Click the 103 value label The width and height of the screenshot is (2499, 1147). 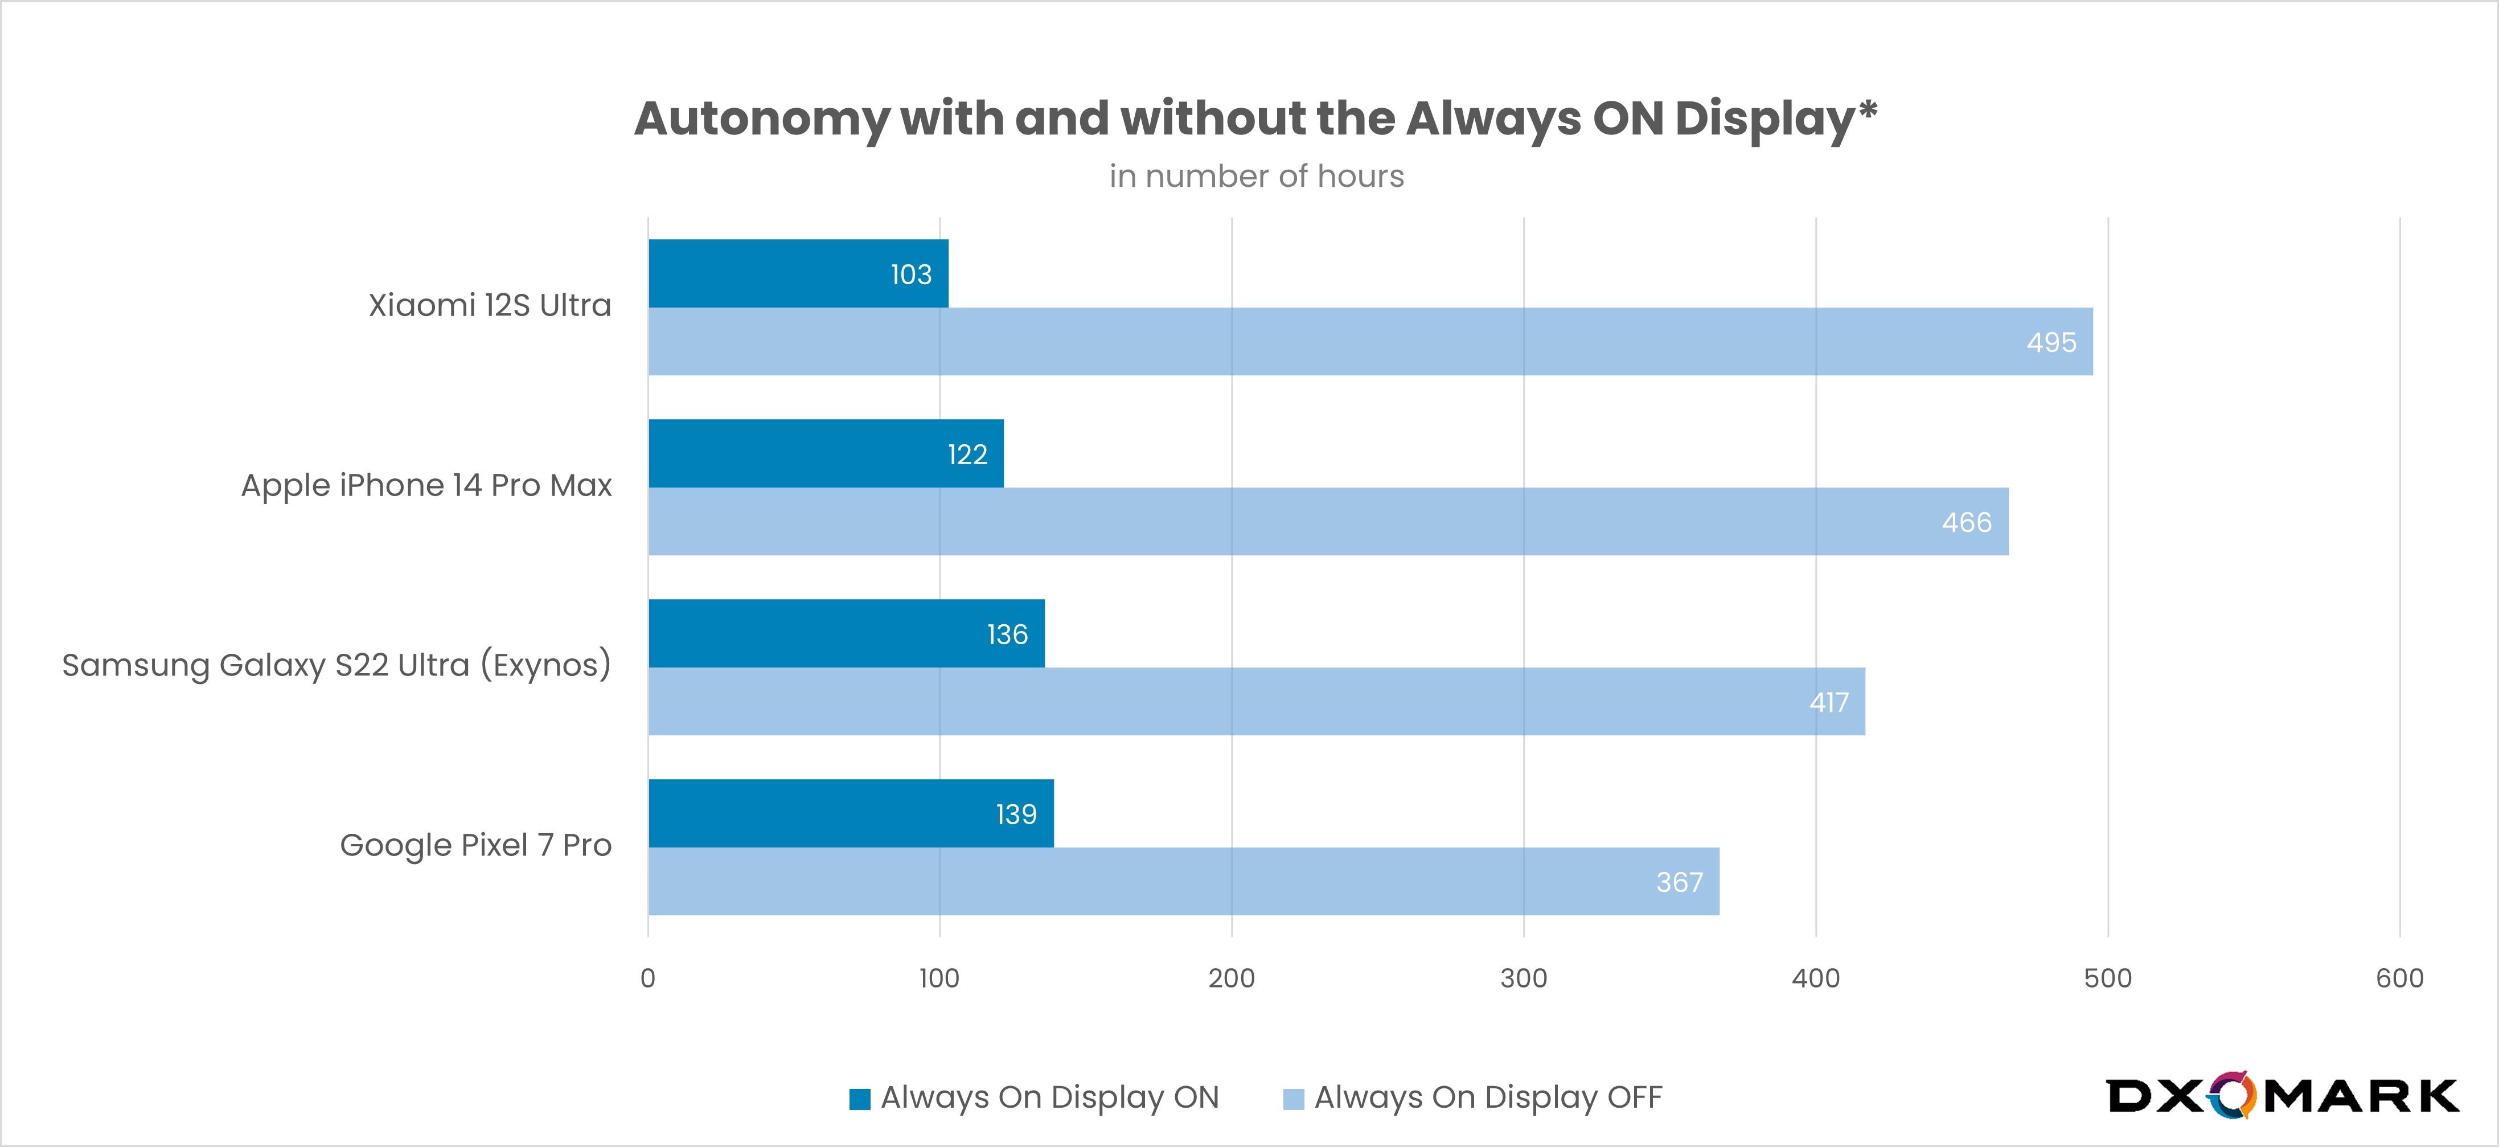pos(911,275)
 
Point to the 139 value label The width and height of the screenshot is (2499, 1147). pos(1016,814)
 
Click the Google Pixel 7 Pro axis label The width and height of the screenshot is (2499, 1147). pos(475,845)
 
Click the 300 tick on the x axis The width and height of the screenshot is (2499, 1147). pos(1523,978)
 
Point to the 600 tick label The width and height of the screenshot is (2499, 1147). pos(2399,978)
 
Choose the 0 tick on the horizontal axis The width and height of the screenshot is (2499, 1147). pos(648,978)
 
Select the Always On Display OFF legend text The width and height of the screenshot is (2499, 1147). pos(1487,1097)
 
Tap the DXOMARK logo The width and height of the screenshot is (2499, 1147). pos(2281,1096)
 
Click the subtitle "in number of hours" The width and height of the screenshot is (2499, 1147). pos(1256,177)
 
